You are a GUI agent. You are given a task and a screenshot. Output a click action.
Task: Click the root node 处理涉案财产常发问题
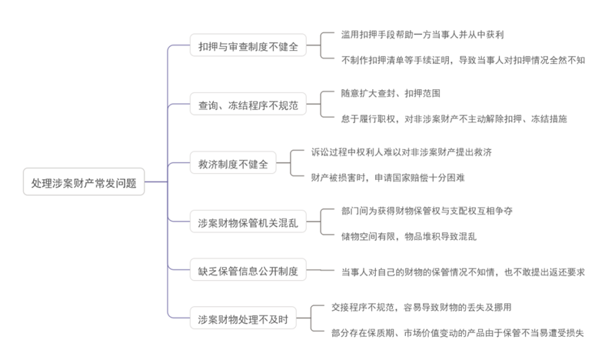(84, 183)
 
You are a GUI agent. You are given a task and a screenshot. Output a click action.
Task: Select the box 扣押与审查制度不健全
(248, 47)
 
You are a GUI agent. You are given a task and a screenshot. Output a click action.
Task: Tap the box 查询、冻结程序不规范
(248, 103)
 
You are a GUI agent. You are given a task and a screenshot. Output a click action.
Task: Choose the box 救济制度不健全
(231, 164)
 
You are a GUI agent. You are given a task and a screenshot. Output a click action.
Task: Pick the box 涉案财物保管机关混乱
(248, 224)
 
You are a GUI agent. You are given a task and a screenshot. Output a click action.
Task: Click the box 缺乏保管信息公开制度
(248, 270)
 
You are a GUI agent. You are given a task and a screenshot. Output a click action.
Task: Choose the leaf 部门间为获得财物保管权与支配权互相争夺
(427, 211)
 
